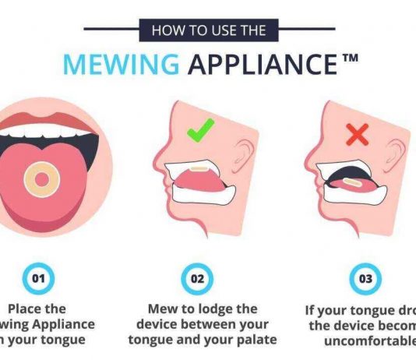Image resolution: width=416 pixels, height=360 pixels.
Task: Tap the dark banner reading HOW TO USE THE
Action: point(209,31)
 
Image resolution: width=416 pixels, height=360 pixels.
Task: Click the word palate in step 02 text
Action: point(254,339)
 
